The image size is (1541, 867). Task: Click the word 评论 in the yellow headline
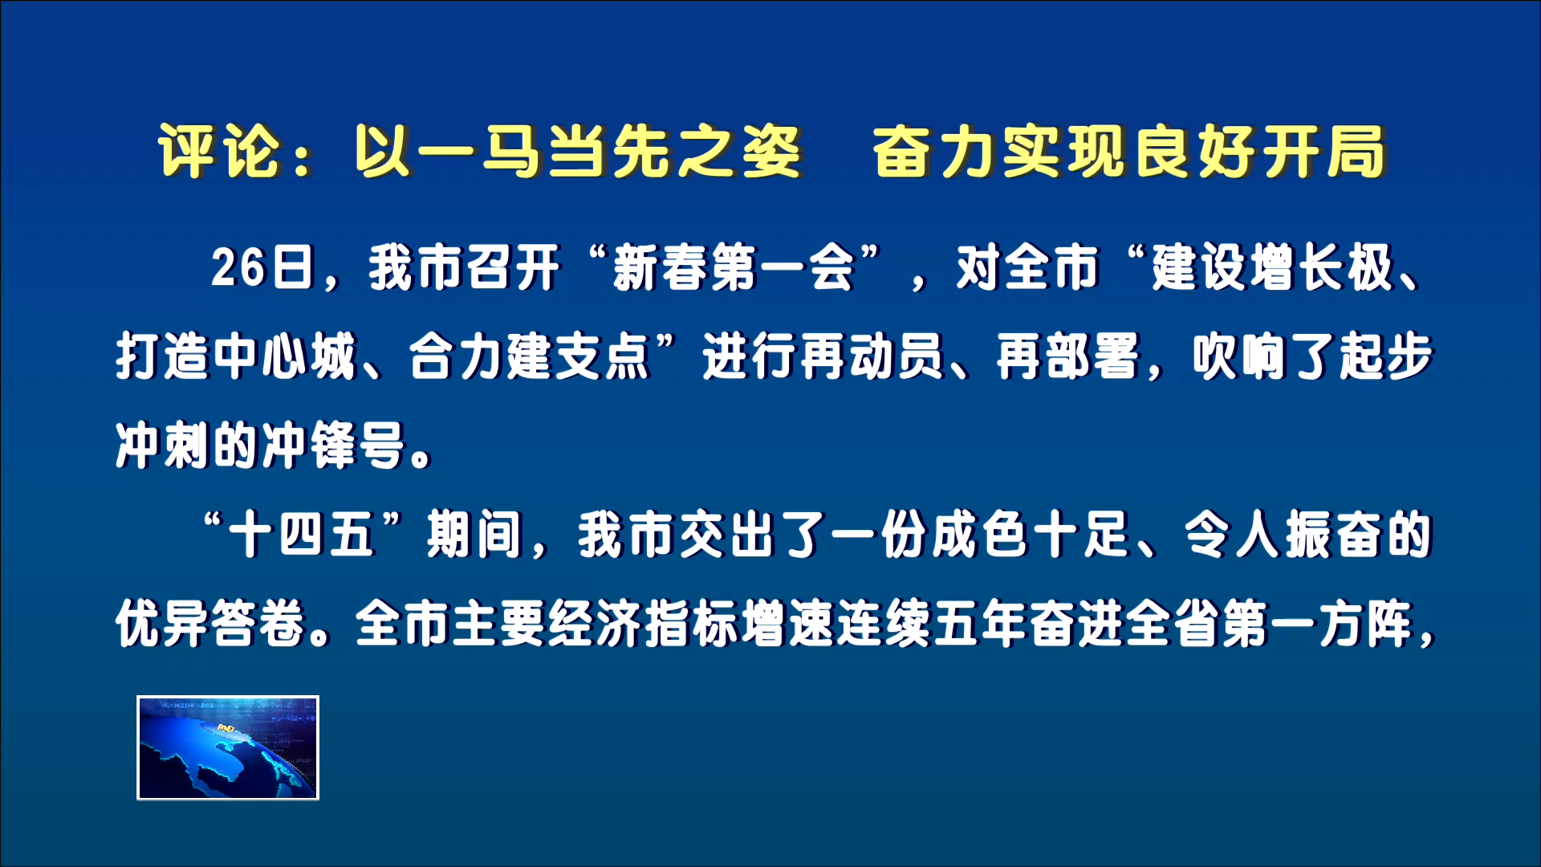(218, 152)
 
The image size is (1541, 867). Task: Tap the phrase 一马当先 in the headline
(514, 152)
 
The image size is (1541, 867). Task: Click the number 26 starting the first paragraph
(238, 268)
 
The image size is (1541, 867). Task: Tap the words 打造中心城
(235, 357)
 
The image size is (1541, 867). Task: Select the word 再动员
(871, 357)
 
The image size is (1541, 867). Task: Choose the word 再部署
(1067, 357)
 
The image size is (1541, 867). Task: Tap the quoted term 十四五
(302, 535)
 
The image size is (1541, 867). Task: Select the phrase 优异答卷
(210, 624)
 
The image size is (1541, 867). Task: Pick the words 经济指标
(642, 624)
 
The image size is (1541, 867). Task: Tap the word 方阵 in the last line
(1364, 624)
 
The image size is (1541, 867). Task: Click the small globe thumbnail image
(228, 748)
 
